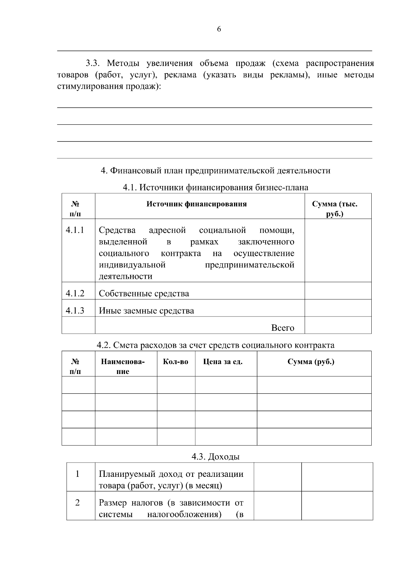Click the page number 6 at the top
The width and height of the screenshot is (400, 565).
tap(219, 29)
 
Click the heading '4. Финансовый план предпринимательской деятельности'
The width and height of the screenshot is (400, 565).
tap(215, 171)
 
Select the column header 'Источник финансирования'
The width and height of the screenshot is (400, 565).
tap(196, 204)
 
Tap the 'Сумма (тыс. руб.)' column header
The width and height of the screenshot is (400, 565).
tap(334, 209)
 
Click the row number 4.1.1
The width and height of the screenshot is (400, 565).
tap(75, 230)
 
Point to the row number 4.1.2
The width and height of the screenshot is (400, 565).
tap(75, 293)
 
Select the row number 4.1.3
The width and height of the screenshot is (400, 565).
tap(75, 310)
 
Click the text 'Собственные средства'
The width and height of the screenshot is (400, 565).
tap(144, 293)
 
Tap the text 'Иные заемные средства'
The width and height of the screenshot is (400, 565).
tap(146, 311)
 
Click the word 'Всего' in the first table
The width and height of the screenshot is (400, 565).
tap(283, 328)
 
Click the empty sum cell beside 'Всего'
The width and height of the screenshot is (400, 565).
tap(338, 325)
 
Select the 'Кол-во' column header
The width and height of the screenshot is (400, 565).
tap(175, 362)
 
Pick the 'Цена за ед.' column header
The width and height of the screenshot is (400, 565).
tap(223, 362)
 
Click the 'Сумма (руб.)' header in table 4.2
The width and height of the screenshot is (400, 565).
tap(311, 362)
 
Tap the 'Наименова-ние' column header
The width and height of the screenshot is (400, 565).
tap(123, 366)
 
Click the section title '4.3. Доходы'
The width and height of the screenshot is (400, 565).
tap(215, 457)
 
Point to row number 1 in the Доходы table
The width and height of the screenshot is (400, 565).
tap(77, 474)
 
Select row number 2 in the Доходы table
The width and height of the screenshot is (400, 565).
tap(77, 502)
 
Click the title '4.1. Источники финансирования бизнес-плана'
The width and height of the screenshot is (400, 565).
tap(215, 188)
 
